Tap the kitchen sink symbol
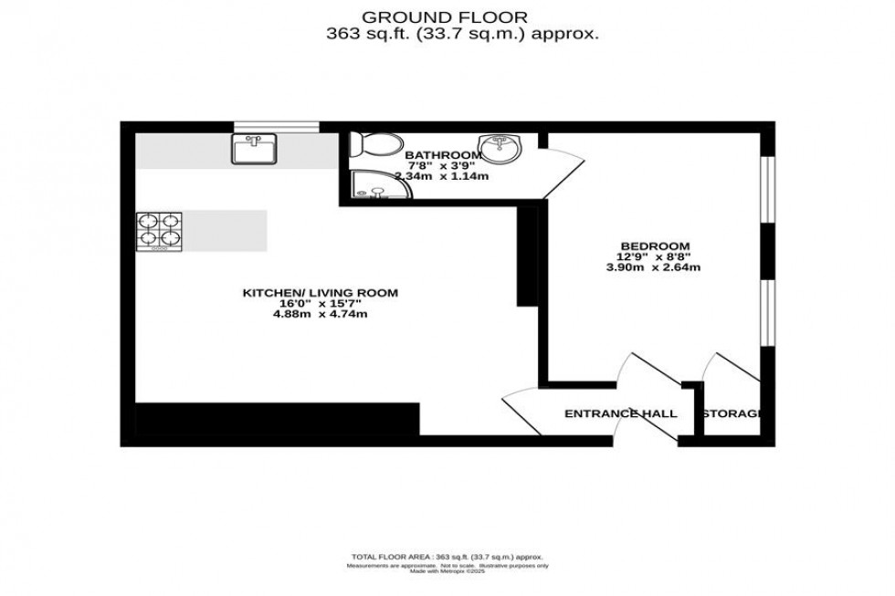[x=253, y=149]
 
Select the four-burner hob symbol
[x=159, y=232]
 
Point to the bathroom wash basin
[x=499, y=147]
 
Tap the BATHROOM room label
[x=443, y=155]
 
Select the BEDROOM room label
[x=655, y=246]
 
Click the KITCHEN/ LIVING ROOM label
[x=320, y=293]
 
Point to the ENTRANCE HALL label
[x=620, y=414]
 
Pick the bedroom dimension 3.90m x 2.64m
[x=655, y=268]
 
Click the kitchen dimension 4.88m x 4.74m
[x=320, y=315]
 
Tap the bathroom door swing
[x=562, y=169]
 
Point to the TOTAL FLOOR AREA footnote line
[x=447, y=556]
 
